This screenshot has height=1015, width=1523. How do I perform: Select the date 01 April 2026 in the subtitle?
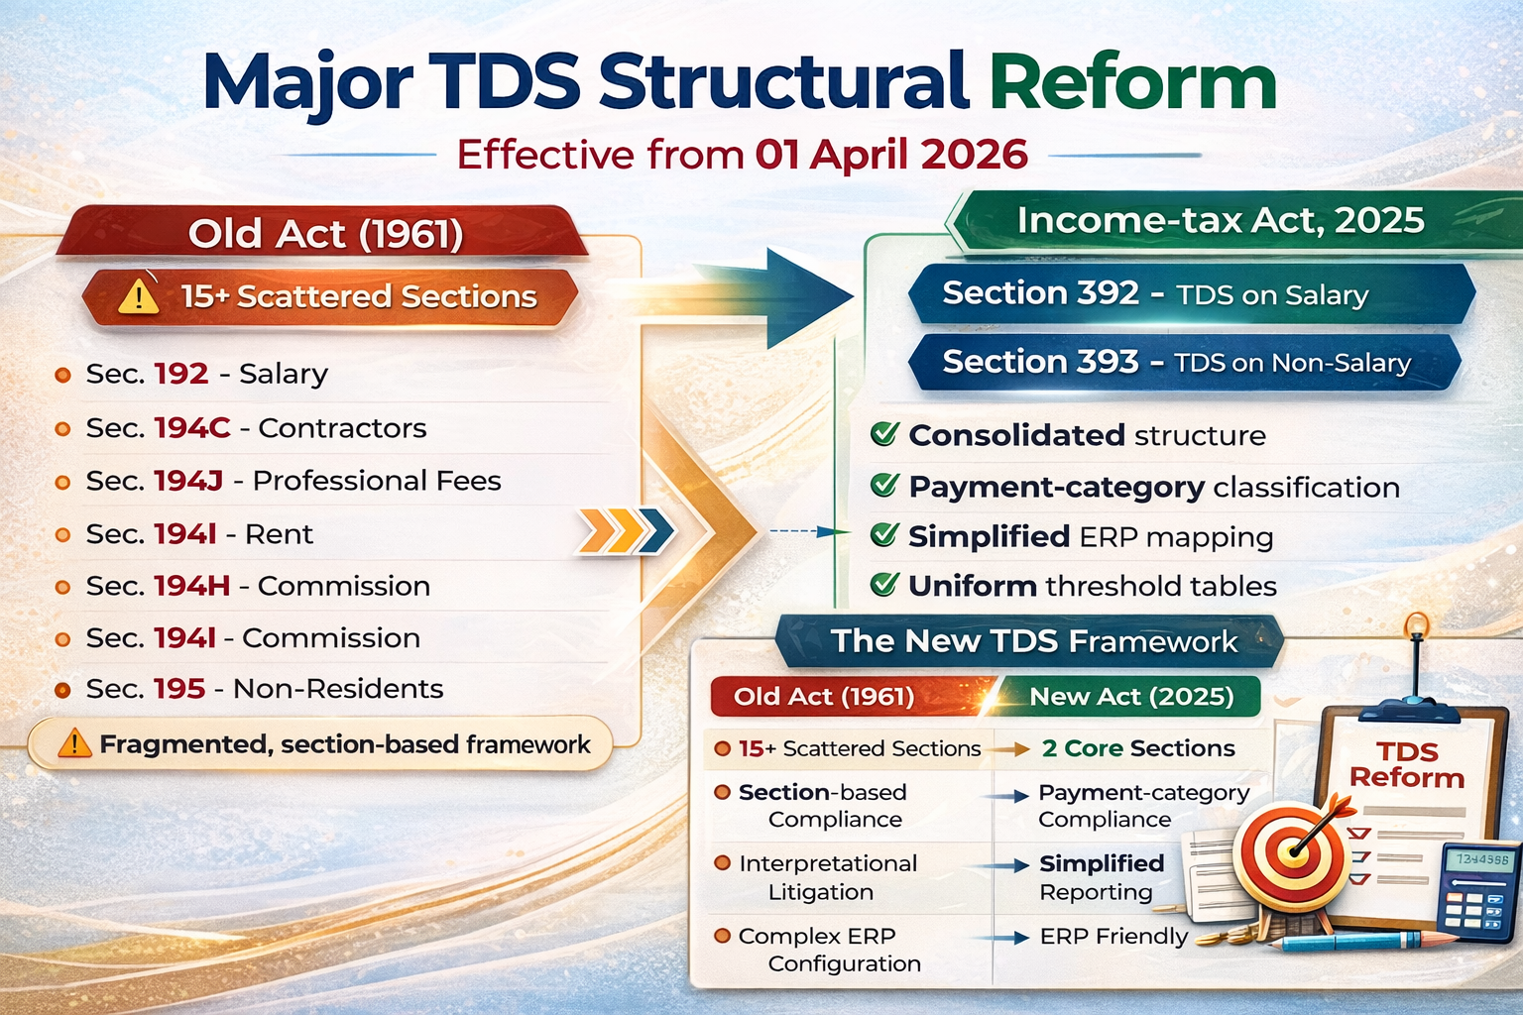(x=890, y=156)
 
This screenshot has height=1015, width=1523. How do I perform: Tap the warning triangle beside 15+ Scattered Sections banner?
(x=139, y=296)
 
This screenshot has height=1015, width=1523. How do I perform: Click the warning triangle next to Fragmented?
(x=74, y=743)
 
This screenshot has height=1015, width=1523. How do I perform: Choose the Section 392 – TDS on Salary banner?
(x=1190, y=294)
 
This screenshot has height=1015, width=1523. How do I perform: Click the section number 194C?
(x=192, y=428)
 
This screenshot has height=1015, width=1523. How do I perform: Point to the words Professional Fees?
(x=377, y=481)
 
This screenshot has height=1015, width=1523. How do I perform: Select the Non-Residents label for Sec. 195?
(x=338, y=689)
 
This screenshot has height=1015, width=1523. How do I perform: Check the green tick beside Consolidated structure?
(x=883, y=434)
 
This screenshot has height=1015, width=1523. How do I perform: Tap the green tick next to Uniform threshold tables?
(x=883, y=585)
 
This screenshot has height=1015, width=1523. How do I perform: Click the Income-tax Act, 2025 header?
(x=1220, y=220)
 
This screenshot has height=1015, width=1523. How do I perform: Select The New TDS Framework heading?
(x=1033, y=641)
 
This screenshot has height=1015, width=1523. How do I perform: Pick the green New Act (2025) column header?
(x=1131, y=697)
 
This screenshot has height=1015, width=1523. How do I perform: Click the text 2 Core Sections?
(x=1138, y=748)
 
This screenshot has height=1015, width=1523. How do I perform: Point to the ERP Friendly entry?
(x=1113, y=937)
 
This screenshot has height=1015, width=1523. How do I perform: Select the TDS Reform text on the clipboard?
(x=1406, y=764)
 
